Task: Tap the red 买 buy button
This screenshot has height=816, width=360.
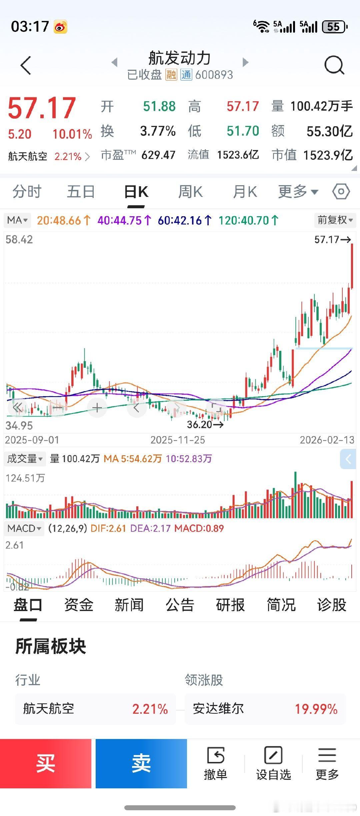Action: pyautogui.click(x=46, y=763)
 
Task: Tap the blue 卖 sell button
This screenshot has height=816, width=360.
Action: pyautogui.click(x=141, y=763)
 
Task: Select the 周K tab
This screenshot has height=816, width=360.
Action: pyautogui.click(x=190, y=192)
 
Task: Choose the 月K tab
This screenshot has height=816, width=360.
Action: pyautogui.click(x=245, y=192)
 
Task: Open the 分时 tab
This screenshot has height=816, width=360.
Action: pyautogui.click(x=27, y=192)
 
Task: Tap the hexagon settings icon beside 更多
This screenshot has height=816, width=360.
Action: pyautogui.click(x=341, y=192)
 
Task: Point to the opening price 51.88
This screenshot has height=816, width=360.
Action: pyautogui.click(x=159, y=106)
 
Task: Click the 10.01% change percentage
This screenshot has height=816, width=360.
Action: pyautogui.click(x=72, y=134)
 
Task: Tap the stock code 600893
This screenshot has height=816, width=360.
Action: pyautogui.click(x=214, y=75)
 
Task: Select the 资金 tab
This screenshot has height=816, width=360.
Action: pyautogui.click(x=79, y=605)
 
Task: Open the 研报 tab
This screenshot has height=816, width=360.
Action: pyautogui.click(x=230, y=605)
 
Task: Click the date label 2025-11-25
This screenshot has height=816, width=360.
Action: pyautogui.click(x=178, y=440)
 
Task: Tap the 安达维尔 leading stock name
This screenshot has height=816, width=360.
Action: pyautogui.click(x=218, y=709)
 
